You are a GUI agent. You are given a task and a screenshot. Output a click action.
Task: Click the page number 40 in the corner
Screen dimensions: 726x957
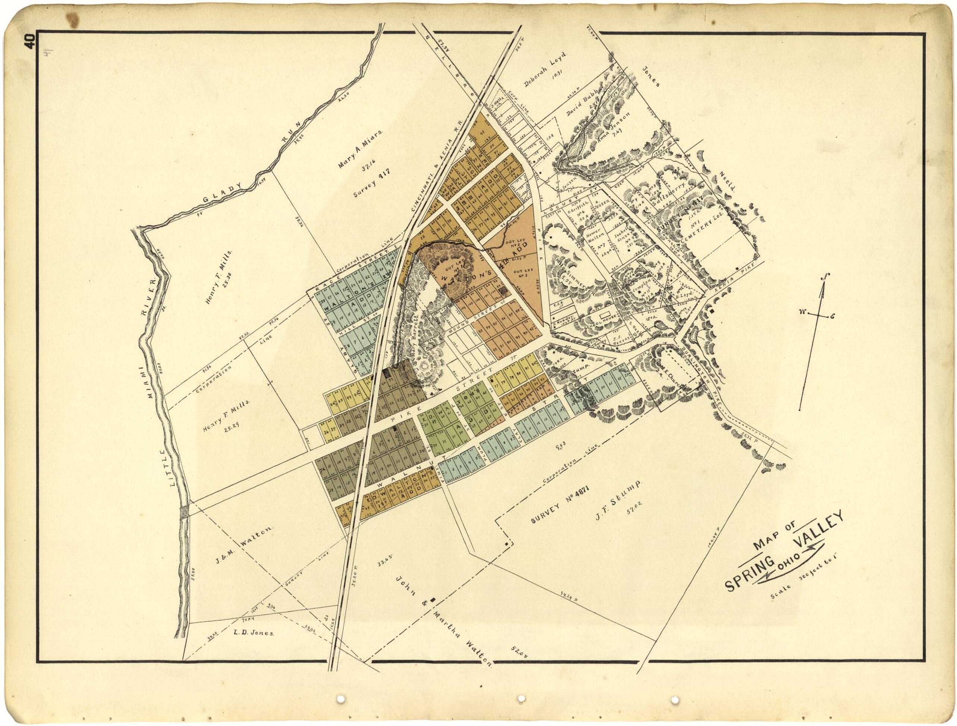[30, 43]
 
